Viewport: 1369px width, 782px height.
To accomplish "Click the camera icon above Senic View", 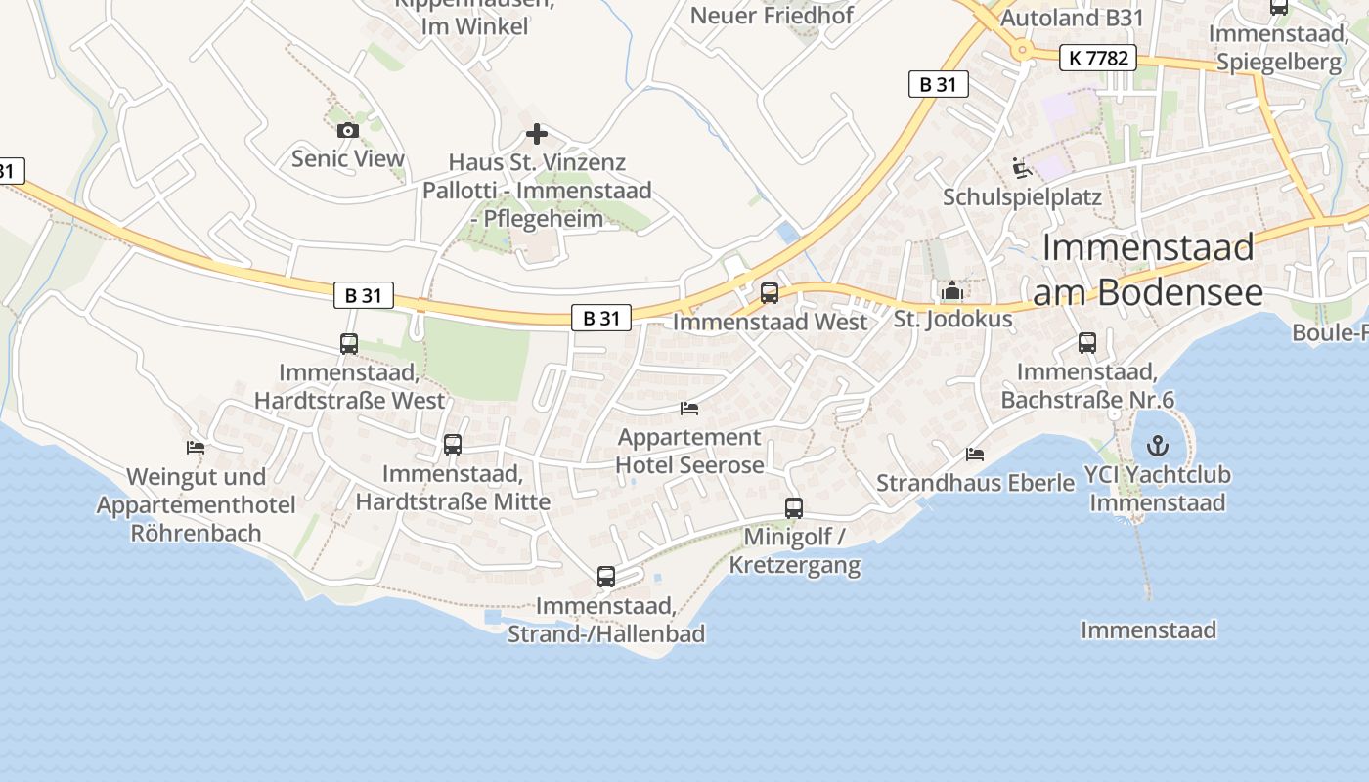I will click(347, 130).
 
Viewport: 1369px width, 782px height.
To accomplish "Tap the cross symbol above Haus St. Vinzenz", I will click(537, 134).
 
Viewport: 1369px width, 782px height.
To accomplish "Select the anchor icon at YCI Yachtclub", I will click(1158, 447).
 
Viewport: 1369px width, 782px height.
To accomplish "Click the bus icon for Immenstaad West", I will click(770, 292).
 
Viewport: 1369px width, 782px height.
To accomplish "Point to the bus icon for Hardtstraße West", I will click(349, 343).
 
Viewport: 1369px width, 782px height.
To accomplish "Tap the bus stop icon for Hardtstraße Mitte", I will click(452, 445).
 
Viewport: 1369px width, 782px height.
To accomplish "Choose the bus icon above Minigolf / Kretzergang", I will click(794, 508).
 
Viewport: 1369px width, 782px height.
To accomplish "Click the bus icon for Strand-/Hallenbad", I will click(606, 577).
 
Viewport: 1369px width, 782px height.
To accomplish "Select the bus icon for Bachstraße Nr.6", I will click(1087, 343).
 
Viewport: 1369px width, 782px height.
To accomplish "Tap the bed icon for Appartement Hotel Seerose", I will click(689, 408).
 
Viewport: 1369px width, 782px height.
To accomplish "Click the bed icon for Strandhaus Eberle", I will click(975, 455).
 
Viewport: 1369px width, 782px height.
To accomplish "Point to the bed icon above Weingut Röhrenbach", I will click(196, 448).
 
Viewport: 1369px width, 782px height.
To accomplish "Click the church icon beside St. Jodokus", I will click(951, 290).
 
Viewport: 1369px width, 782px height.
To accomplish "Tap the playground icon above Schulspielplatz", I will click(1022, 168).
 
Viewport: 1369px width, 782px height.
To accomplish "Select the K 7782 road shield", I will click(1098, 59).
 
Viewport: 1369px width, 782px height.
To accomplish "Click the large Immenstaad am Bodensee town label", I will click(1148, 269).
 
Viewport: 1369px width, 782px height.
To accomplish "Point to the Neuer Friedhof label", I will click(772, 16).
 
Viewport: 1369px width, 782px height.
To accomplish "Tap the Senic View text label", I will click(347, 158).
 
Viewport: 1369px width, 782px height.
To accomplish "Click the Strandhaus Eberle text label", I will click(975, 483).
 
